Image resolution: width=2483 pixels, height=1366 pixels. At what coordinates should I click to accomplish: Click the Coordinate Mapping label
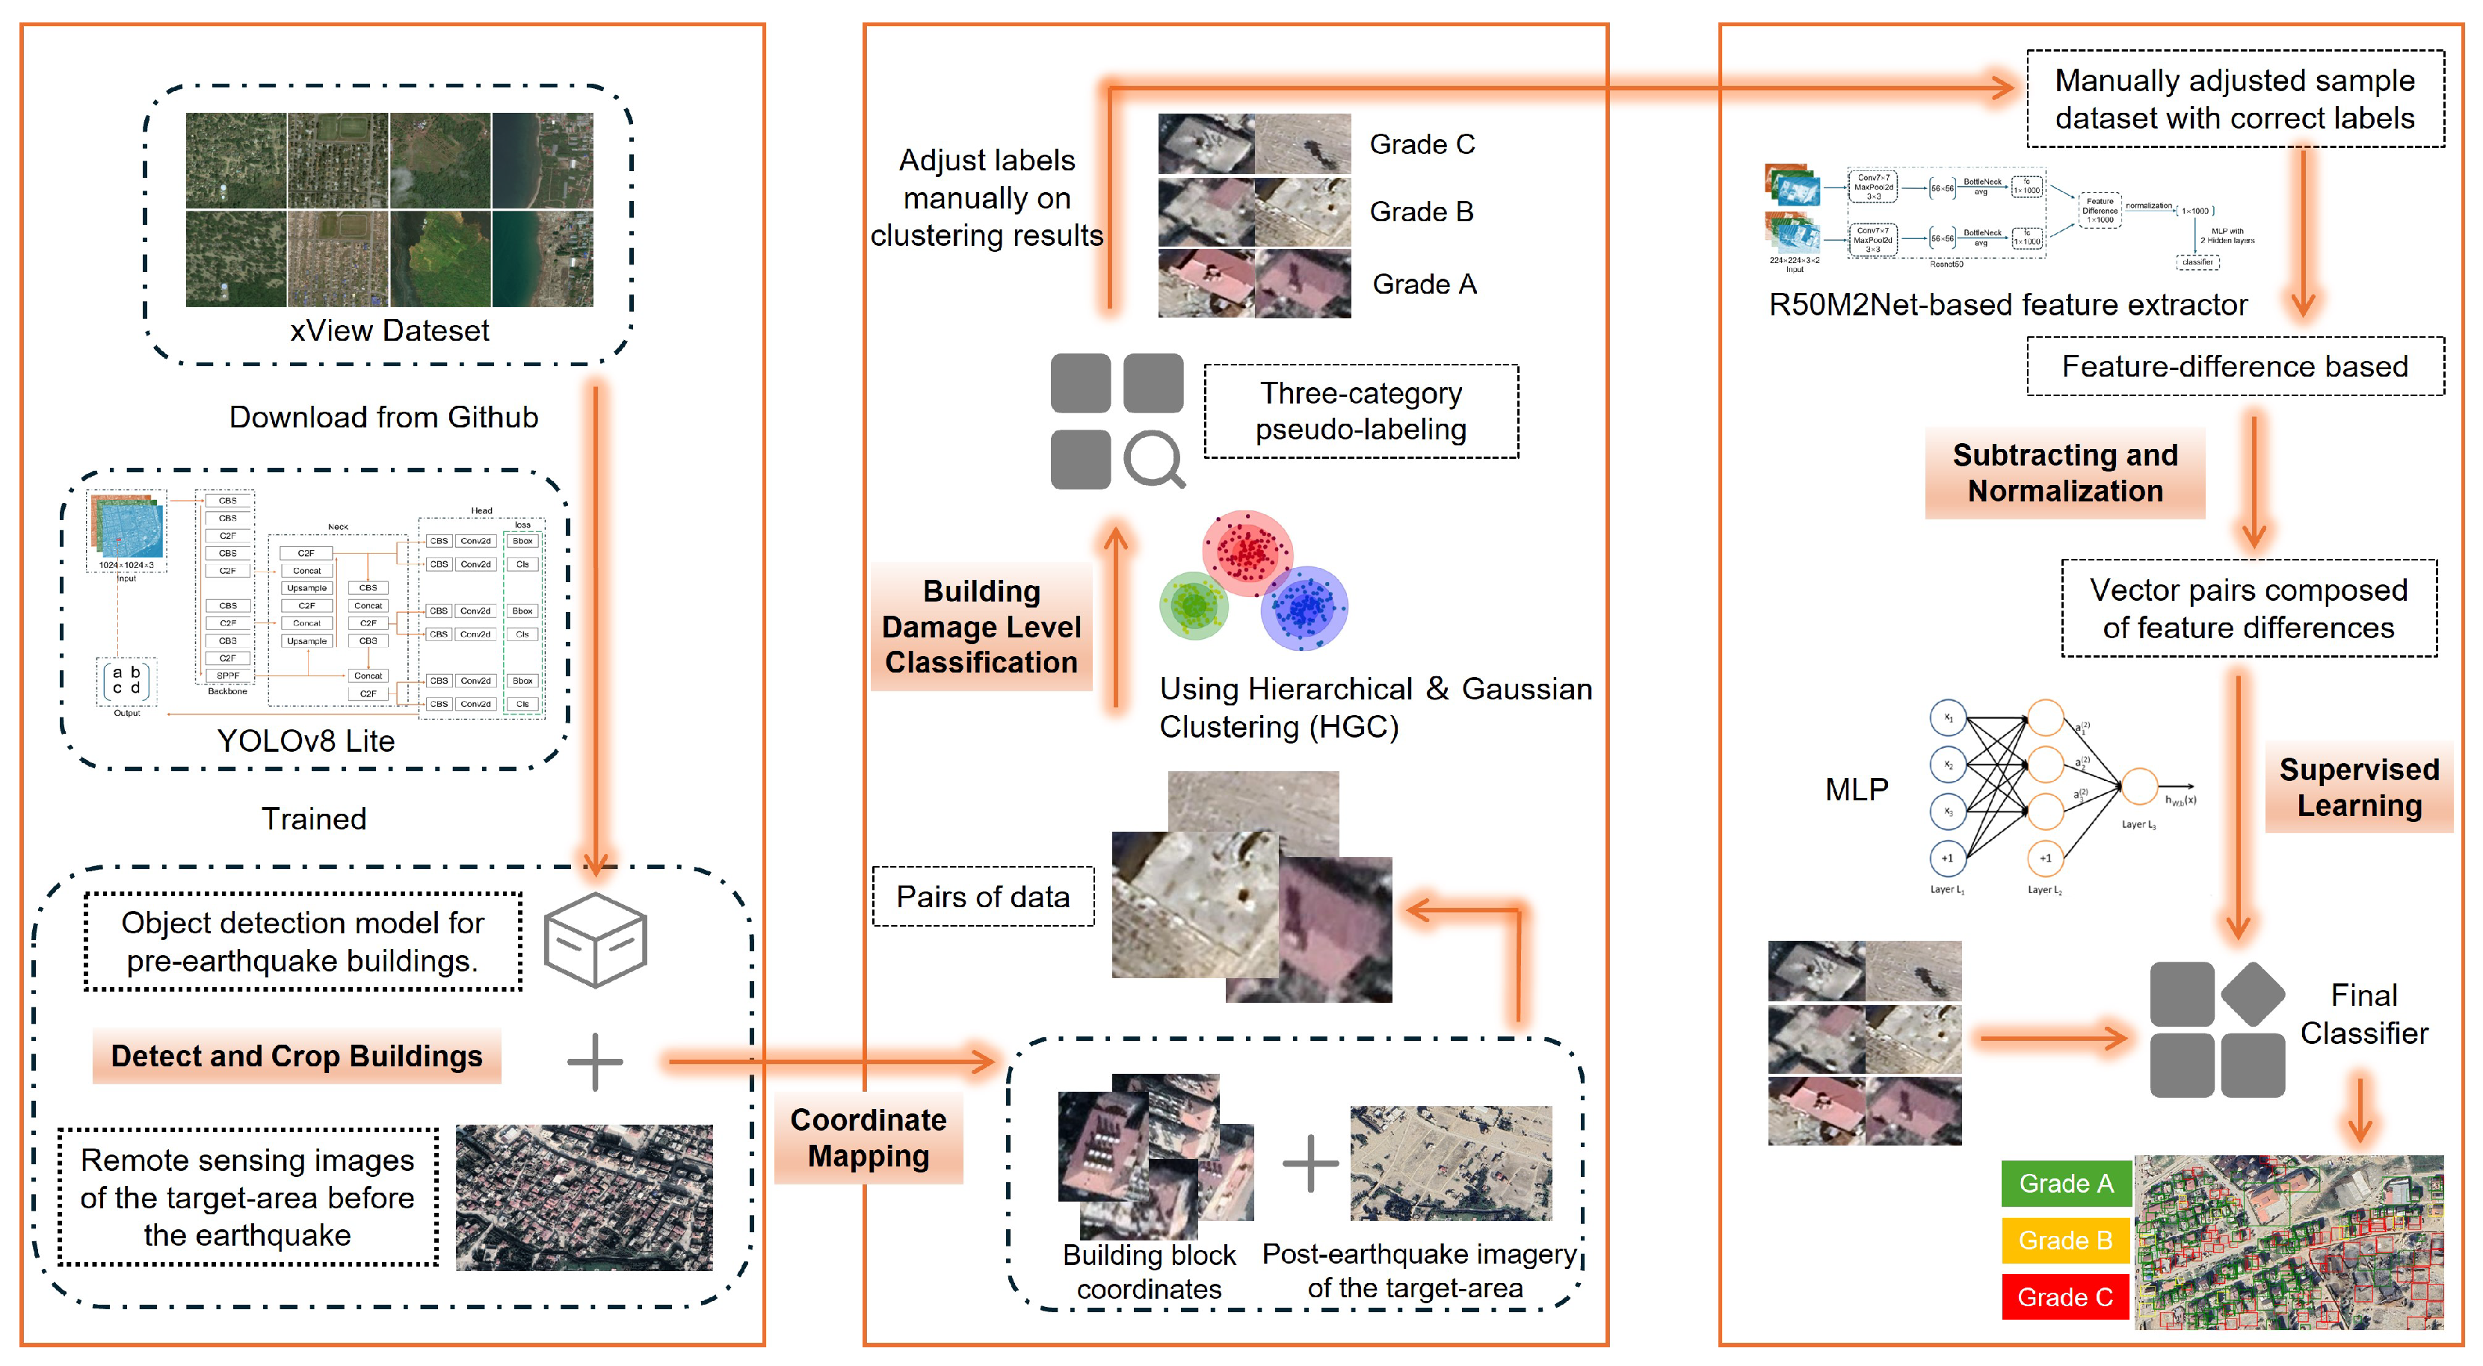(868, 1137)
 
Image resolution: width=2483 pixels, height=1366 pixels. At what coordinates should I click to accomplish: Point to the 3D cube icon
(595, 939)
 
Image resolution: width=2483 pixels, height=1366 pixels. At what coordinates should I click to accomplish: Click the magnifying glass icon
(1154, 459)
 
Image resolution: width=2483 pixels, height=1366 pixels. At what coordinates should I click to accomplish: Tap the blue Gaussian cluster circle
(1304, 608)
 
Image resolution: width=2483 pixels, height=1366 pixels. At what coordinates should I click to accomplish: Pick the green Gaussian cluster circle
(1194, 605)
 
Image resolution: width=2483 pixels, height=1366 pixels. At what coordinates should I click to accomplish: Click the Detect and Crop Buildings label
(296, 1056)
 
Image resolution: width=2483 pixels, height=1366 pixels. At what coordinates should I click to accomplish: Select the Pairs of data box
(982, 897)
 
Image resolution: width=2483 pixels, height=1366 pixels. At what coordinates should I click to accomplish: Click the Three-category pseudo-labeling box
(1360, 412)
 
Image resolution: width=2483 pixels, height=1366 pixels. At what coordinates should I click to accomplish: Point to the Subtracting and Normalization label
(2064, 472)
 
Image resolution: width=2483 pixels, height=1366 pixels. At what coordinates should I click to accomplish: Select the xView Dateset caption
(389, 330)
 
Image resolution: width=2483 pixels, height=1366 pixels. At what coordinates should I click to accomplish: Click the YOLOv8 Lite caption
(306, 741)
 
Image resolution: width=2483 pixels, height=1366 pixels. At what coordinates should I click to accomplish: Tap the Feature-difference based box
(2234, 366)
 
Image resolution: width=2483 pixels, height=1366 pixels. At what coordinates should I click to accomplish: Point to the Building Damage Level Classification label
(981, 627)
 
